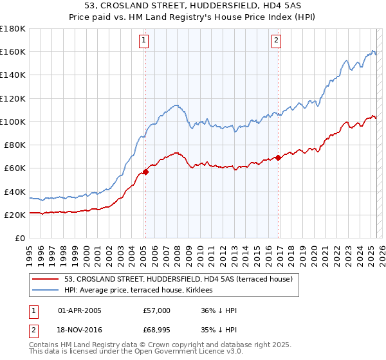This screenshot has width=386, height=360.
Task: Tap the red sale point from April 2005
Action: tap(145, 172)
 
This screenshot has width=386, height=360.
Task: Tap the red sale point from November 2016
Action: tap(278, 157)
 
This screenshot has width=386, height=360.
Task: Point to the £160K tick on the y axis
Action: tap(13, 51)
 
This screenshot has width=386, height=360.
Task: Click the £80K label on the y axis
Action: tap(15, 145)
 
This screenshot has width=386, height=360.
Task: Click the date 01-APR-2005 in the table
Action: tap(80, 310)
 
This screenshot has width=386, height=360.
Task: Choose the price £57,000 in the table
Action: tap(156, 310)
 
